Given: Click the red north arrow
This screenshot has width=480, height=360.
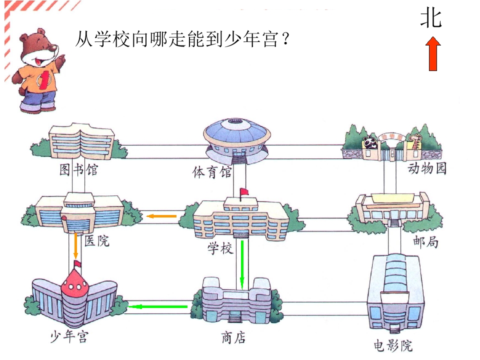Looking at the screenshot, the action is click(x=433, y=54).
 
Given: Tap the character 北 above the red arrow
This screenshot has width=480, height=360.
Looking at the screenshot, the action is click(x=431, y=18).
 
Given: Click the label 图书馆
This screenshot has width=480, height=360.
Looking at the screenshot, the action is click(x=78, y=169).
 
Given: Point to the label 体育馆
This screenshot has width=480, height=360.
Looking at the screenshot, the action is click(x=212, y=172).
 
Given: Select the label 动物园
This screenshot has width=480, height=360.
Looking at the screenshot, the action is click(x=427, y=168).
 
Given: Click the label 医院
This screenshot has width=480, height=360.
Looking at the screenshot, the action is click(x=96, y=240).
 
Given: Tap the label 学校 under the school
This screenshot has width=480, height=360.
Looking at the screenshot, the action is click(x=220, y=248).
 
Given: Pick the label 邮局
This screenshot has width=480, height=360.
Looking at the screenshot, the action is click(x=425, y=241).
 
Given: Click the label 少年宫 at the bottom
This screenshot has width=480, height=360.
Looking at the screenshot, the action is click(x=70, y=336).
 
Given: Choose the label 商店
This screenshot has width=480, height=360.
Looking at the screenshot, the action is click(x=233, y=337).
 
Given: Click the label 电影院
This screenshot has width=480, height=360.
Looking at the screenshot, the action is click(x=393, y=345).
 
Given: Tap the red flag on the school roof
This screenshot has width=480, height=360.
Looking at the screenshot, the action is click(x=244, y=192).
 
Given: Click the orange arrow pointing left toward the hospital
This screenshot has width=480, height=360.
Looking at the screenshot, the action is click(x=161, y=216).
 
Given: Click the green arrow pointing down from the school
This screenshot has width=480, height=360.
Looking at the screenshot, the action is click(x=242, y=265).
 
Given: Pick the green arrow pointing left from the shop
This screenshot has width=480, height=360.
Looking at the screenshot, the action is click(x=158, y=306).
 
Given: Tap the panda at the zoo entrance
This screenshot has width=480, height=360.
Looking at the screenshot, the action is click(x=370, y=142).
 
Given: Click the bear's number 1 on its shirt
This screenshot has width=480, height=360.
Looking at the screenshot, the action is click(x=44, y=80).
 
